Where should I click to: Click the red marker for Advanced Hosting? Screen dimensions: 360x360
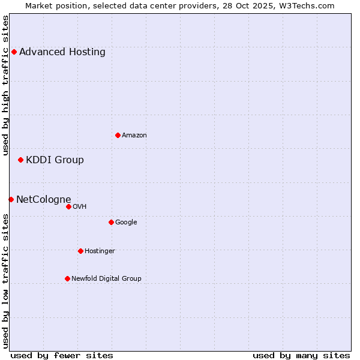click(x=14, y=52)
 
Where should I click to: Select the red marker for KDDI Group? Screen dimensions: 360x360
click(x=20, y=160)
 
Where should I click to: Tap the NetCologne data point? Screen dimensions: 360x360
click(x=11, y=199)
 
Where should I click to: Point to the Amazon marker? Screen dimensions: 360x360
click(x=118, y=135)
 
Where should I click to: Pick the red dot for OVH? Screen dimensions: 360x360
click(x=68, y=206)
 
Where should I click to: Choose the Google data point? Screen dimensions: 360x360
click(x=111, y=222)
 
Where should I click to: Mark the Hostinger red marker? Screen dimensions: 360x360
click(x=80, y=251)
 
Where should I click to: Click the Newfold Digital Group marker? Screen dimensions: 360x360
click(x=67, y=278)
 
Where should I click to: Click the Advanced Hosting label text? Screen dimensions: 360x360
click(x=62, y=52)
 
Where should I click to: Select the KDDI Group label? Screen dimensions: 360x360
click(x=55, y=160)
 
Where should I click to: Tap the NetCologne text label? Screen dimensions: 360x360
click(x=44, y=199)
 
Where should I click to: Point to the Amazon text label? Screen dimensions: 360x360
click(x=134, y=135)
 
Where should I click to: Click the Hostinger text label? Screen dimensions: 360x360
click(x=100, y=251)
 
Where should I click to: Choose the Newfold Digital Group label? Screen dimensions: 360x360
click(x=106, y=278)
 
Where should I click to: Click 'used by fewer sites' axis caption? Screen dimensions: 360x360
click(x=62, y=355)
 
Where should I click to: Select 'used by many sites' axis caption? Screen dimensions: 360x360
click(x=301, y=355)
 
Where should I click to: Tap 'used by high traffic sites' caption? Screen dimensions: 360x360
click(x=5, y=85)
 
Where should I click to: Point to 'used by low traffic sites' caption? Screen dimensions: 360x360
click(x=5, y=281)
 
